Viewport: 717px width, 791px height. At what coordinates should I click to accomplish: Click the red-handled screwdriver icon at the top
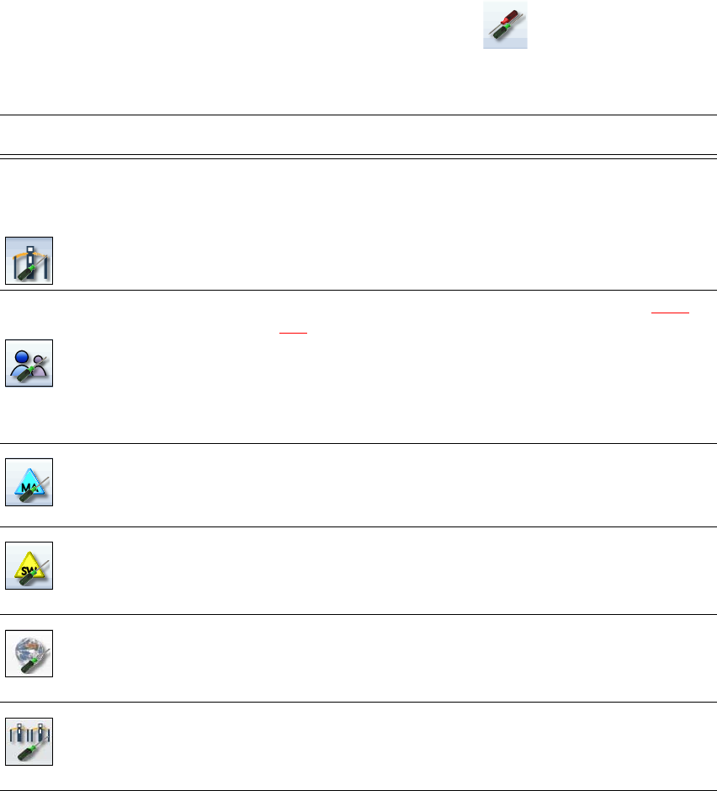pyautogui.click(x=505, y=25)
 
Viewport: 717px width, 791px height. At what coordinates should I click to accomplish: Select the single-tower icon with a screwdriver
pyautogui.click(x=29, y=260)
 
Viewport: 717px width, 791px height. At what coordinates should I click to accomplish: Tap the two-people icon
pyautogui.click(x=29, y=363)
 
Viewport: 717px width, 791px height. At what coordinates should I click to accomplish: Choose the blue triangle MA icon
pyautogui.click(x=29, y=482)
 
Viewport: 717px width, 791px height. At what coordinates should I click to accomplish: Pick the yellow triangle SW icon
pyautogui.click(x=29, y=565)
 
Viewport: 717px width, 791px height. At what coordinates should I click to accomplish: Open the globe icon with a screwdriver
pyautogui.click(x=29, y=653)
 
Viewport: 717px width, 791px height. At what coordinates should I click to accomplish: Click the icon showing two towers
pyautogui.click(x=29, y=741)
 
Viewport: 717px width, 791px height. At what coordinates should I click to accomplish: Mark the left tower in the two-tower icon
pyautogui.click(x=19, y=730)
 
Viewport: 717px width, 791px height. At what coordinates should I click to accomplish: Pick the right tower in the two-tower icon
pyautogui.click(x=40, y=730)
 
